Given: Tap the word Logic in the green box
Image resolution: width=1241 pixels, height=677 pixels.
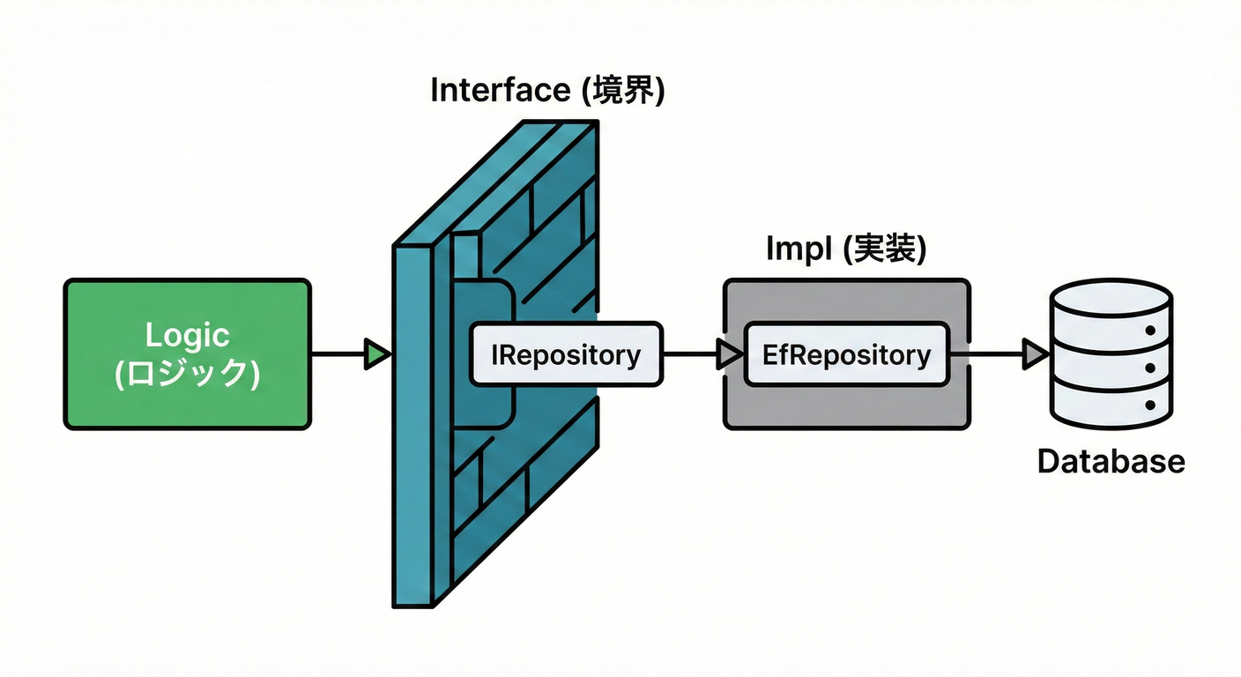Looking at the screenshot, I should click(x=187, y=336).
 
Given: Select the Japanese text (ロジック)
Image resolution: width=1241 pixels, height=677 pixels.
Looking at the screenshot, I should click(x=187, y=373).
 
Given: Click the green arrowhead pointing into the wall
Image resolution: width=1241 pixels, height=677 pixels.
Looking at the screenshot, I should click(x=377, y=354).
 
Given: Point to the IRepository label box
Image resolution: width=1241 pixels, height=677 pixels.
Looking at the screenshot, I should click(x=566, y=354).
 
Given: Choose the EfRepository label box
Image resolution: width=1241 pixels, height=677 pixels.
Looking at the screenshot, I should click(x=846, y=354).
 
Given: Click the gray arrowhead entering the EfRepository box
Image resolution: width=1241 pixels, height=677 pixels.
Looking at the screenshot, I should click(x=730, y=354).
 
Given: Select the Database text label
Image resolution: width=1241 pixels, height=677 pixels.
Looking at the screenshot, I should click(x=1111, y=461).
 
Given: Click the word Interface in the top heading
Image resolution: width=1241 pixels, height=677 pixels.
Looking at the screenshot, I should click(x=500, y=92).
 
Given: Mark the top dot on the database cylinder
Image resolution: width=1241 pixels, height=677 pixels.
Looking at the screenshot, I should click(x=1150, y=331).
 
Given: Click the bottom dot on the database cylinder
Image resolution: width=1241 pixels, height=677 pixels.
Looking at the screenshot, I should click(x=1150, y=405).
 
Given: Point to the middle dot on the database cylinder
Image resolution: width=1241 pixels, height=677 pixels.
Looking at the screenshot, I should click(x=1150, y=368).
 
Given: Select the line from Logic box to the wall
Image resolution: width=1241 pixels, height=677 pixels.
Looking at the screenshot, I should click(x=337, y=354).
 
